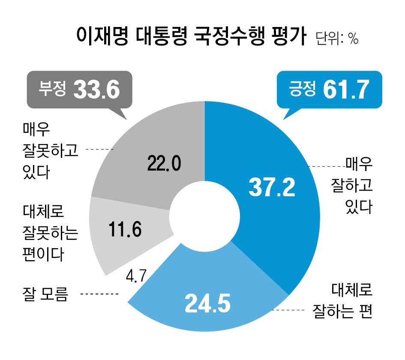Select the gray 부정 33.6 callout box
click(x=79, y=90)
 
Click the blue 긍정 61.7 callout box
click(x=329, y=90)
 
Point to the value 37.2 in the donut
click(x=272, y=188)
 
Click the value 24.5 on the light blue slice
click(x=207, y=303)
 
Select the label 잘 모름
click(x=45, y=294)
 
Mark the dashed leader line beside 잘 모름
click(x=99, y=294)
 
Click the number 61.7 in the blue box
click(x=346, y=90)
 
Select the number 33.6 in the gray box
click(x=96, y=90)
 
